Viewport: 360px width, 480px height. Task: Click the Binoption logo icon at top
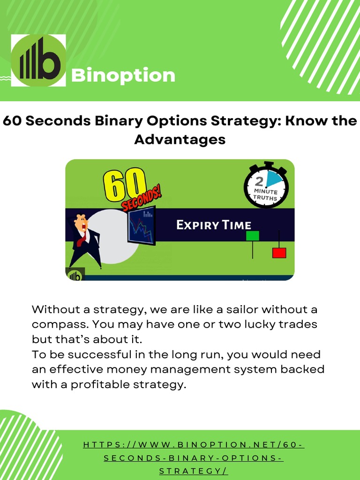coord(38,60)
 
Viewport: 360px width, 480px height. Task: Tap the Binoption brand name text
coord(123,75)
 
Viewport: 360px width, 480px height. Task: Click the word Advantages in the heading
coord(180,139)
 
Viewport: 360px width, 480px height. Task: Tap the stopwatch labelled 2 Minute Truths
coord(266,186)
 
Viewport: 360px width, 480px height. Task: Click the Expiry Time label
coord(213,225)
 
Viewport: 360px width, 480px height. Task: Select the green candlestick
coord(253,235)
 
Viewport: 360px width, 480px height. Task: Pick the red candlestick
coord(279,253)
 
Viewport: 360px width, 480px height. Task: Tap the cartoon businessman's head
coord(81,223)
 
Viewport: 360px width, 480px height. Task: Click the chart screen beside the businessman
coord(142,225)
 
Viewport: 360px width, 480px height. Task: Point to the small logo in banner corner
coord(75,275)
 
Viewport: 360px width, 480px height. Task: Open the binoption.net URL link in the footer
coord(194,457)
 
